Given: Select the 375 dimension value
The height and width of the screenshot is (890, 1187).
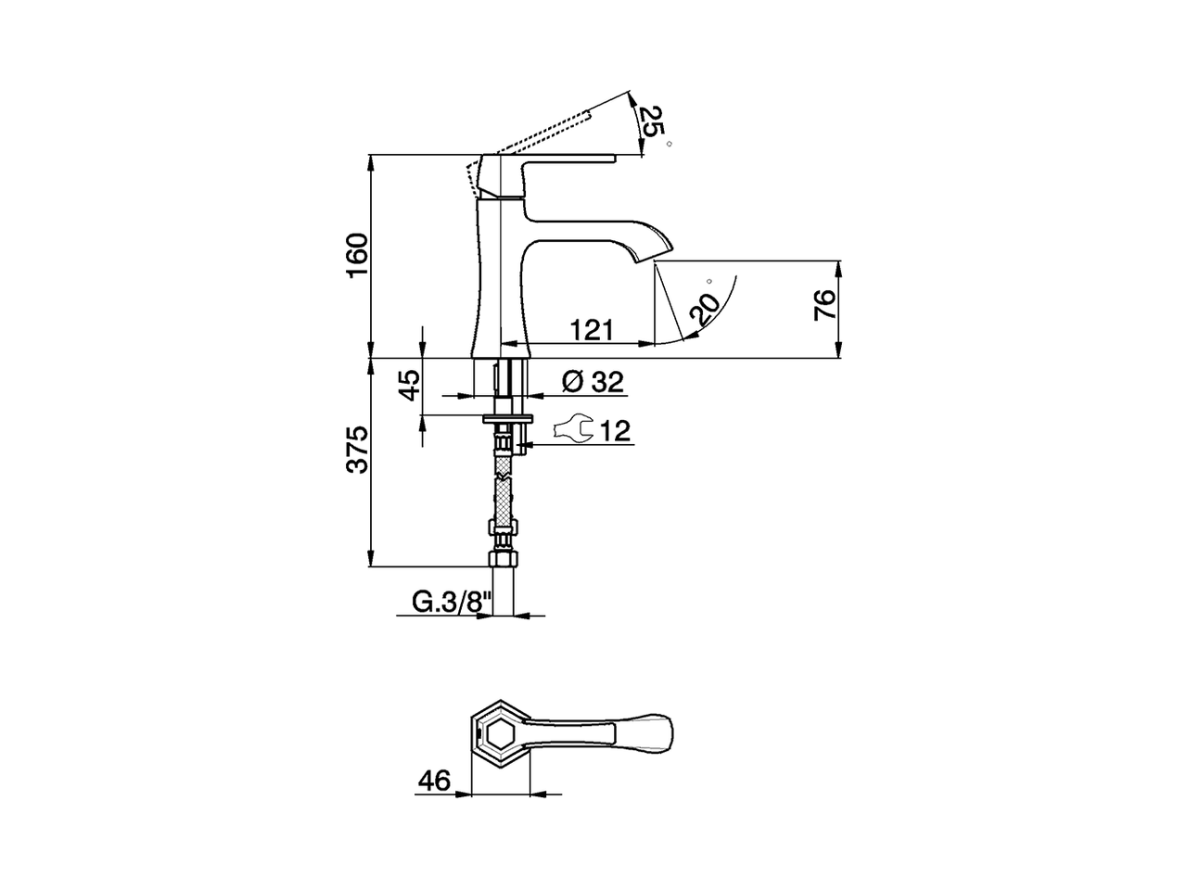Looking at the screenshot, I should tap(357, 450).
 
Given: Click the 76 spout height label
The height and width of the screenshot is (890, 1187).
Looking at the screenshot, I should tap(824, 305).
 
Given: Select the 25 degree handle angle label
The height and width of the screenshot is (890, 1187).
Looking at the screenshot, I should tap(653, 121).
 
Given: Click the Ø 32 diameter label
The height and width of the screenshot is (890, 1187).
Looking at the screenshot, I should tap(593, 381).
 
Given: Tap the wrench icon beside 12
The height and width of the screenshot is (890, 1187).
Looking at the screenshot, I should tap(572, 428).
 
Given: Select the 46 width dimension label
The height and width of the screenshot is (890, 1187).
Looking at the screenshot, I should tap(433, 781).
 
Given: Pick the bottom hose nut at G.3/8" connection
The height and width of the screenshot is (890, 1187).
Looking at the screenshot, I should tap(502, 560).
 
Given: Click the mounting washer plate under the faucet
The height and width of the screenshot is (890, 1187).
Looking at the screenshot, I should tap(505, 418).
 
